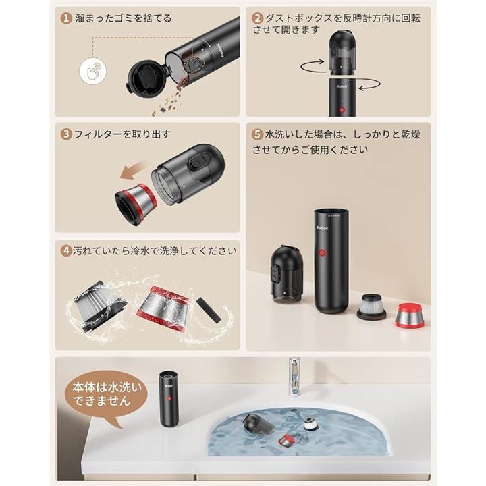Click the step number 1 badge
pos(66,18)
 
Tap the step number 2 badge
pos(258,18)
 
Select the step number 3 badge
pos(66,134)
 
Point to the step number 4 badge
pos(66,250)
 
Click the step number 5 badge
pos(258,134)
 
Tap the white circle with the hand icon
pos(92,71)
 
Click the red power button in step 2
pos(342,110)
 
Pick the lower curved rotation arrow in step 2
pos(369,84)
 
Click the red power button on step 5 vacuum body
pos(322,253)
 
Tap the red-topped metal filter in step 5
pos(409,316)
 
